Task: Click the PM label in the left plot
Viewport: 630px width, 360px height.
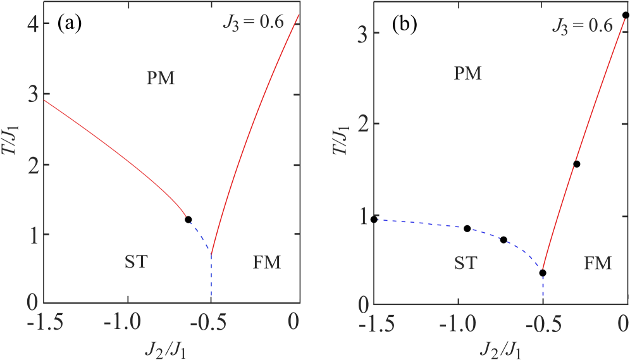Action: pyautogui.click(x=160, y=78)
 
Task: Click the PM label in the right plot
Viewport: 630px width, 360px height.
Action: pyautogui.click(x=468, y=74)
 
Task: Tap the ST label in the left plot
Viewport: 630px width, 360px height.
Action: pyautogui.click(x=136, y=261)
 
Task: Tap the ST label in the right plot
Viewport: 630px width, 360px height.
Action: pyautogui.click(x=466, y=263)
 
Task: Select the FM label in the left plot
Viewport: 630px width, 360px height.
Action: pyautogui.click(x=266, y=261)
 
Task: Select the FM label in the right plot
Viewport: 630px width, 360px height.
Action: pyautogui.click(x=598, y=263)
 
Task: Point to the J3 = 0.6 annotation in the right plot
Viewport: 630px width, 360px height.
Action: pyautogui.click(x=582, y=26)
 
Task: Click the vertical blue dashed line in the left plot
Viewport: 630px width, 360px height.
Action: pyautogui.click(x=211, y=278)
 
